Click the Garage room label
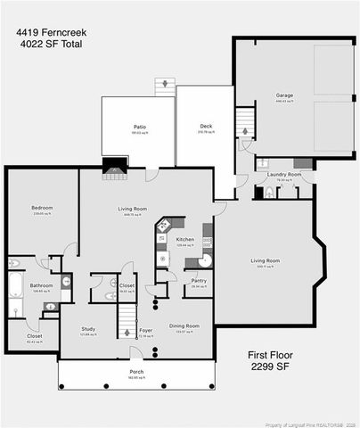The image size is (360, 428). (x=284, y=96)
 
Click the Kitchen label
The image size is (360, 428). (x=184, y=240)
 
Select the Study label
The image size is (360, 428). (x=88, y=329)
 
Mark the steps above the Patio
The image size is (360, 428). (x=162, y=86)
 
